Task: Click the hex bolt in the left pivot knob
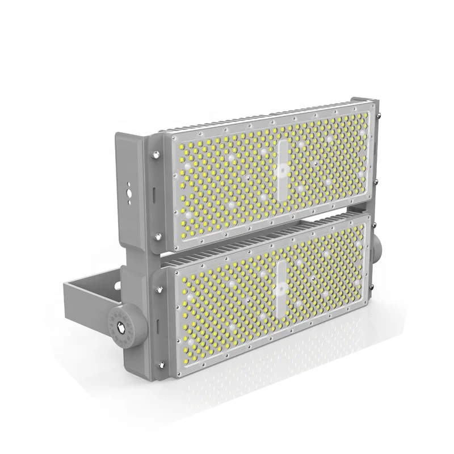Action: click(120, 327)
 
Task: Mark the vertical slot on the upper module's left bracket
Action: click(154, 192)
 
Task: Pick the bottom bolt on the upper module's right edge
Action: click(375, 182)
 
